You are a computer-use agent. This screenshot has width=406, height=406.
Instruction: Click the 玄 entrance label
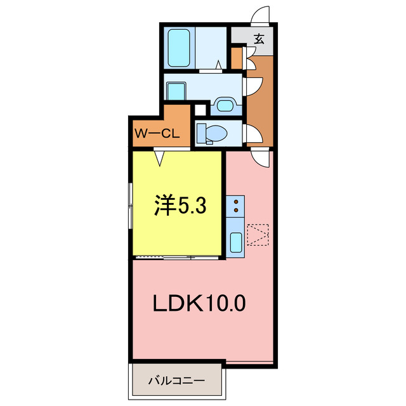(259, 37)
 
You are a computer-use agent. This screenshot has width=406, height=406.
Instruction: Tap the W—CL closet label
(159, 134)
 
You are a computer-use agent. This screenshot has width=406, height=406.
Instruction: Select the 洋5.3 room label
(180, 206)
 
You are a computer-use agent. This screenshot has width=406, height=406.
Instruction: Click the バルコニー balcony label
(176, 381)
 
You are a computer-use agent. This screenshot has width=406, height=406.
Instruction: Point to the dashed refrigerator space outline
(259, 235)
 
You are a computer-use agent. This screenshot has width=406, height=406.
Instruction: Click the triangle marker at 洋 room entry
(160, 157)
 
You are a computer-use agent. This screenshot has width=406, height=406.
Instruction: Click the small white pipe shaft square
(200, 109)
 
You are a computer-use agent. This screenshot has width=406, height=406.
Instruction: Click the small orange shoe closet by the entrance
(236, 58)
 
